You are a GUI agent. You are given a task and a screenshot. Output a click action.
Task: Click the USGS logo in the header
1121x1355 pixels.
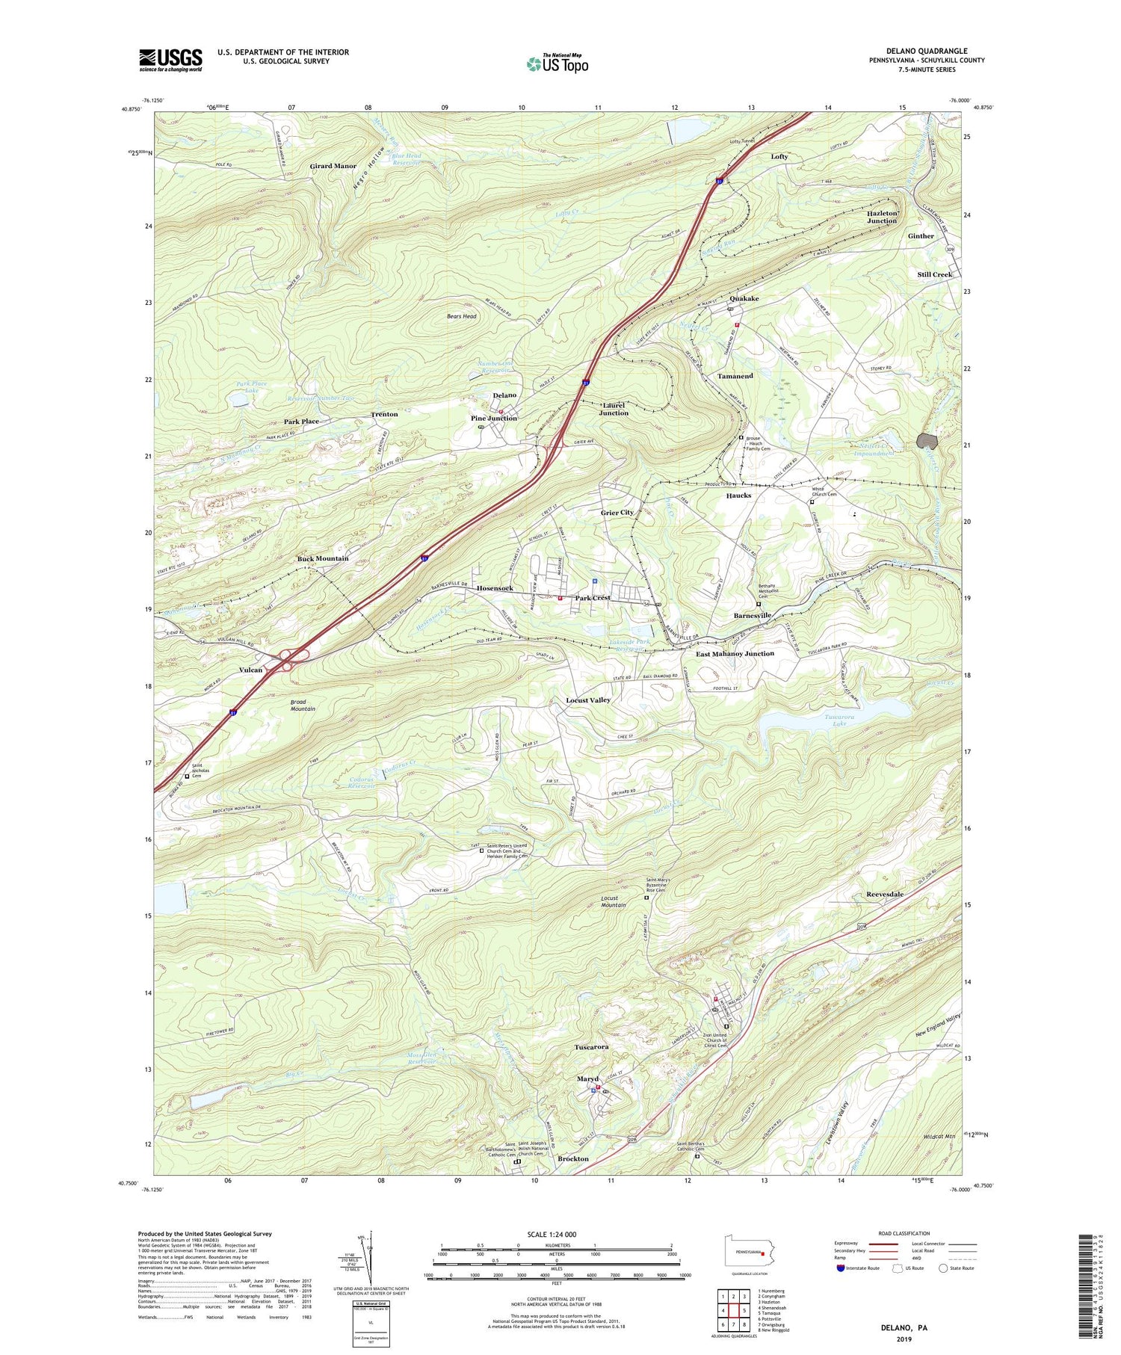170,60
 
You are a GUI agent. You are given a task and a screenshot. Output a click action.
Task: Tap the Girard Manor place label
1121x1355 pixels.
333,166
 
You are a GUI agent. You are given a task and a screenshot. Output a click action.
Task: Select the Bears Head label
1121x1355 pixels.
461,316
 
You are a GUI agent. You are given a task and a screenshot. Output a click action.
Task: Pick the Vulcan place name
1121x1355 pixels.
250,670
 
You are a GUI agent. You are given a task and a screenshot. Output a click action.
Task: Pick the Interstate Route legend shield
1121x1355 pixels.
841,1268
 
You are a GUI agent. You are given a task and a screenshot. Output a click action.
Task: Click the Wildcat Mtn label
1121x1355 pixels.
937,1136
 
